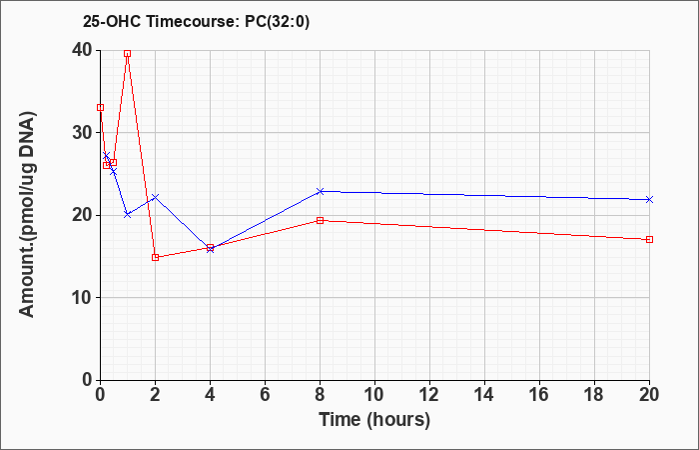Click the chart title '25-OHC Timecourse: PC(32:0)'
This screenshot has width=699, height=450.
(x=196, y=22)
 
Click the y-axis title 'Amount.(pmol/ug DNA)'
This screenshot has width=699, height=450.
(x=27, y=215)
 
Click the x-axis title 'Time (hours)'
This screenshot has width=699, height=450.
(x=374, y=420)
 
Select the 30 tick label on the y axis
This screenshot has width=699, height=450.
(x=82, y=133)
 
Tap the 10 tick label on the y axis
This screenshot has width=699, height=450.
(x=82, y=298)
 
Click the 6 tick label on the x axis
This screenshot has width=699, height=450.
(x=265, y=395)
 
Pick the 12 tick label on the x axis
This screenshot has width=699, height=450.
(x=429, y=395)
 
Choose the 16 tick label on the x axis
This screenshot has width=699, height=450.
(x=539, y=395)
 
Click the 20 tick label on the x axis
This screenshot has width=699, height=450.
(x=649, y=395)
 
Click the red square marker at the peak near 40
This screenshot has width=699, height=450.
(x=128, y=54)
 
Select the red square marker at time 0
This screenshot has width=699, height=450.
(x=100, y=108)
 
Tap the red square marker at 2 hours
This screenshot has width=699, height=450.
(x=155, y=257)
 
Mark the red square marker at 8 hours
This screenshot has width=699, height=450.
(x=320, y=220)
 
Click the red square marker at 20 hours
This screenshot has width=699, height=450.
(x=649, y=239)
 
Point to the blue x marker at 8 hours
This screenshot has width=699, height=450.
(x=320, y=192)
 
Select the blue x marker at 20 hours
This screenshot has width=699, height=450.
(x=649, y=200)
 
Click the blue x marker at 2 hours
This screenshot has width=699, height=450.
(x=155, y=197)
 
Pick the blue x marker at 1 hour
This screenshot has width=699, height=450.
(x=128, y=215)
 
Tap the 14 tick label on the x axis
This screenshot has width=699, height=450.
(x=484, y=395)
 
